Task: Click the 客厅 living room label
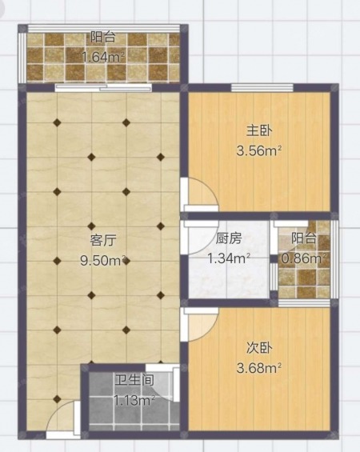pos(103,240)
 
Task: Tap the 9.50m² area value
pos(103,261)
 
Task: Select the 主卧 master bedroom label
pos(259,131)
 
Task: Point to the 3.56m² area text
pos(259,150)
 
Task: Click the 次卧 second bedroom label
pos(259,348)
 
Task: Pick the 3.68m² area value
pos(259,368)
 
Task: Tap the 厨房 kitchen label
pos(229,238)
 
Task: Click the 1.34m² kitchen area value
pos(229,258)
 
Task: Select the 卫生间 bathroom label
pos(134,380)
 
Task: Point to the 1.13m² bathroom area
pos(134,400)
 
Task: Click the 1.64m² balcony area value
pos(103,57)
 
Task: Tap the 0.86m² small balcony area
pos(304,258)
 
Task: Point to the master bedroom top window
pos(262,88)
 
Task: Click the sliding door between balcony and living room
pos(103,88)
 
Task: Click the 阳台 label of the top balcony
pos(103,37)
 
